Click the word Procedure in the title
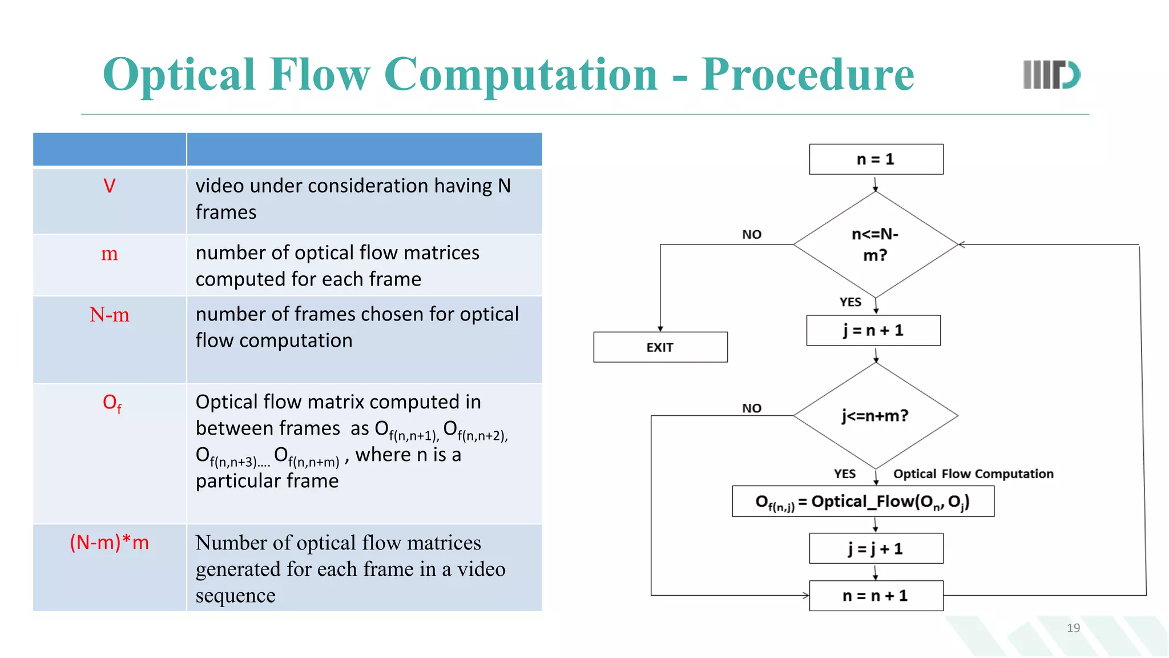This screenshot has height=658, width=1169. click(x=807, y=75)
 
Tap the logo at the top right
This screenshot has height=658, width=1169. click(x=1051, y=75)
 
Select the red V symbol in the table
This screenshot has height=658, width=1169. click(x=110, y=186)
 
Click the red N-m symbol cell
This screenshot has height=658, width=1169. click(x=110, y=315)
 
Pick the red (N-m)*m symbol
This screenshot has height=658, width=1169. click(x=110, y=542)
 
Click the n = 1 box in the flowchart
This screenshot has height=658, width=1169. click(x=876, y=159)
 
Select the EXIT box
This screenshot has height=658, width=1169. click(x=660, y=347)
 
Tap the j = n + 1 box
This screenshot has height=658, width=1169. click(x=873, y=330)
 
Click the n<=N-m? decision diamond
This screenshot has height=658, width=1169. click(x=875, y=244)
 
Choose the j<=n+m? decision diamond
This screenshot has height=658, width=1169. click(x=875, y=416)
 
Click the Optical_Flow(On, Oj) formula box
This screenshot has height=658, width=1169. click(x=862, y=501)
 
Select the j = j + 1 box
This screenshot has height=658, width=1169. click(x=876, y=549)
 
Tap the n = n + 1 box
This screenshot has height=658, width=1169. click(x=876, y=596)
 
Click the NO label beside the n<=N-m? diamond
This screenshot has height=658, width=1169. click(x=752, y=235)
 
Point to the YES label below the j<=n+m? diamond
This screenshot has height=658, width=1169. click(x=844, y=474)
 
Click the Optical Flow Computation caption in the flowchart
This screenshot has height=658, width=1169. click(x=973, y=474)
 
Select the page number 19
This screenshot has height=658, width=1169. click(x=1073, y=628)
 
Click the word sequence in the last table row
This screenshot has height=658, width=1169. click(x=235, y=596)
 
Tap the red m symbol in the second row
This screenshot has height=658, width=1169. click(x=110, y=253)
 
